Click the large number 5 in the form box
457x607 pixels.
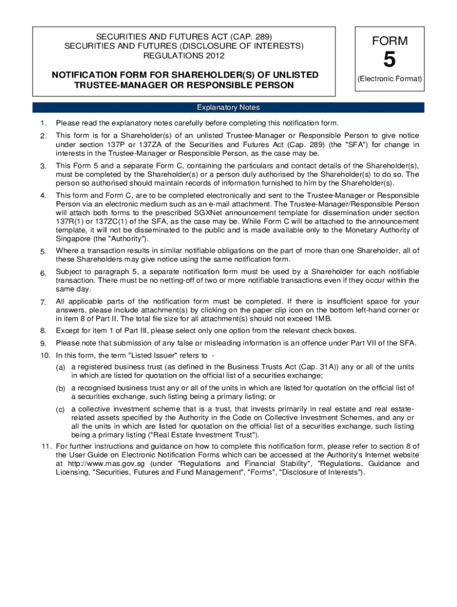[x=389, y=60]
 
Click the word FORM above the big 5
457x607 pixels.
[x=389, y=41]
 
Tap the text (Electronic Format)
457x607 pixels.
[x=389, y=79]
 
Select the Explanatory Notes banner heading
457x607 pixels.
[x=228, y=107]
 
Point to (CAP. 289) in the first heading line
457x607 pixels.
[x=248, y=36]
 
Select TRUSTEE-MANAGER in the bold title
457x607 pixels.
[x=113, y=85]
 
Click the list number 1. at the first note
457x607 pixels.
[x=43, y=123]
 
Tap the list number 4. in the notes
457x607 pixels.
[x=43, y=196]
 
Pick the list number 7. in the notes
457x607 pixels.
[x=43, y=303]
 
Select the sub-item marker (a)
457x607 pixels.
[x=61, y=368]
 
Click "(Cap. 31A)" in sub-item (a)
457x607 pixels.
[x=304, y=367]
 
